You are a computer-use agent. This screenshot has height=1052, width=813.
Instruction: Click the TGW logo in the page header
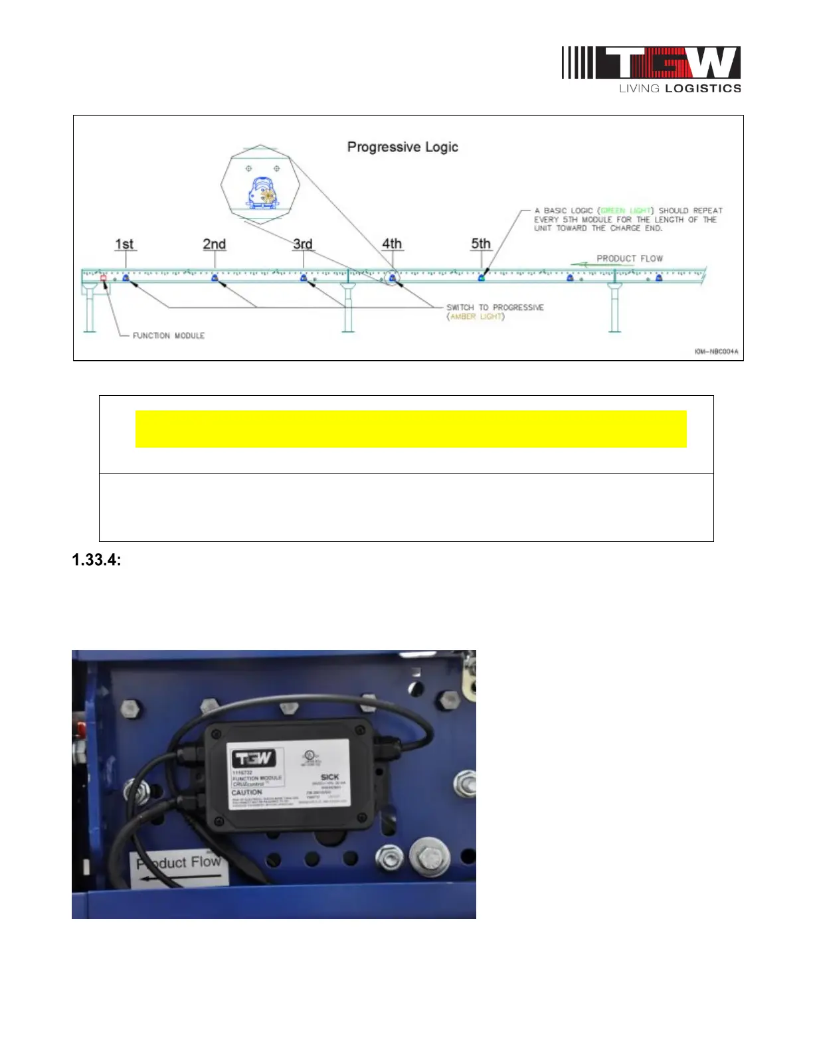(651, 69)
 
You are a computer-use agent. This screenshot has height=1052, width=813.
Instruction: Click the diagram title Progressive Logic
(403, 147)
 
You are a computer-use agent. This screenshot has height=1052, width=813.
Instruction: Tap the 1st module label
(124, 244)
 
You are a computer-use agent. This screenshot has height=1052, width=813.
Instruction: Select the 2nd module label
(214, 244)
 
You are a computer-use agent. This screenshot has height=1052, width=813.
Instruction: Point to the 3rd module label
(303, 244)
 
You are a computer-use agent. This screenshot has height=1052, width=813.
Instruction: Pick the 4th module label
(392, 244)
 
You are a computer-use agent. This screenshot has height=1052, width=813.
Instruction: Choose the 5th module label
(481, 244)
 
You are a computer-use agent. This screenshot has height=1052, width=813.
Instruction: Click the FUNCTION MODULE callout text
(169, 335)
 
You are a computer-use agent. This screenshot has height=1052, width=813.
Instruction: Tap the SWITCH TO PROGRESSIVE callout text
(495, 307)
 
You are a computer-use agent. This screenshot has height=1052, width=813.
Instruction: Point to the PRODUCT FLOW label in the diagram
(629, 258)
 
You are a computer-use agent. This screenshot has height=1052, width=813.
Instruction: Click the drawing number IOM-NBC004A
(716, 351)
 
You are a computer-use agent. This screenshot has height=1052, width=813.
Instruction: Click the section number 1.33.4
(96, 560)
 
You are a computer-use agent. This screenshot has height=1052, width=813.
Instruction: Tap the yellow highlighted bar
(410, 429)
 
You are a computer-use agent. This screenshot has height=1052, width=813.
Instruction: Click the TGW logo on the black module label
(252, 758)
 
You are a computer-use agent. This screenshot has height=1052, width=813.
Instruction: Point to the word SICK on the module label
(329, 776)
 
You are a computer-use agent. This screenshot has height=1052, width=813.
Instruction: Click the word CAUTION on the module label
(246, 792)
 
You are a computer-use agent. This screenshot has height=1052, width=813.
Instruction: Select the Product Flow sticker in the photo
(179, 867)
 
